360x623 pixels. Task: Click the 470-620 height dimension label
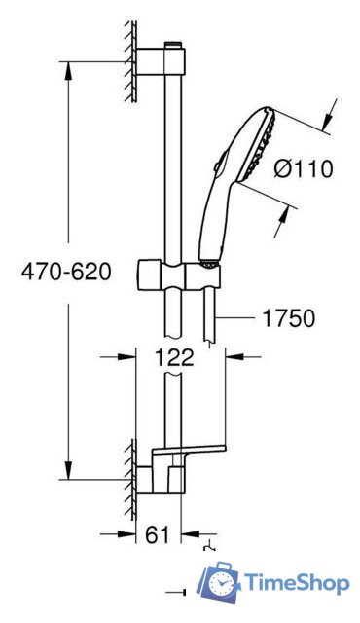click(66, 272)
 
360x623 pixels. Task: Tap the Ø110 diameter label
click(303, 168)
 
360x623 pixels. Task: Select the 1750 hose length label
click(288, 318)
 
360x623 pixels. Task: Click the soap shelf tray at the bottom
click(189, 451)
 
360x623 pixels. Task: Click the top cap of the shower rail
click(173, 44)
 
